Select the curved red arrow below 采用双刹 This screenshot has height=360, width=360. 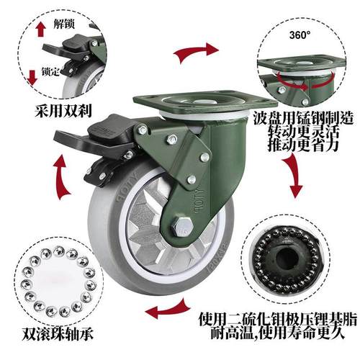point(63,176)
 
